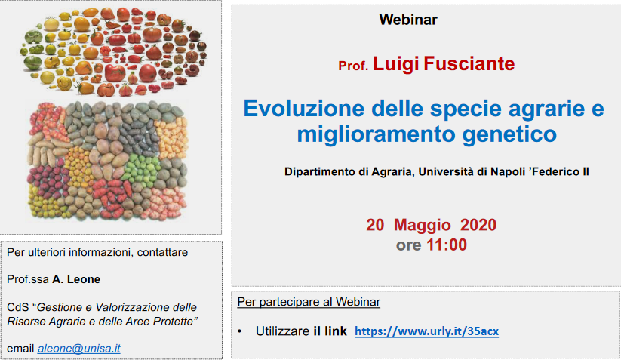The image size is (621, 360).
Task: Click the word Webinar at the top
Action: tap(408, 20)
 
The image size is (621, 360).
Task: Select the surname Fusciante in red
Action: tap(469, 63)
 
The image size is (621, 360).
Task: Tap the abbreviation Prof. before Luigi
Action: tap(353, 66)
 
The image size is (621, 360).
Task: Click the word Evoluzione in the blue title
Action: tap(304, 108)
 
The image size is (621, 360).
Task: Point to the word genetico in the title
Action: tap(510, 134)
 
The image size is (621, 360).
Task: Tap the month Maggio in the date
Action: tap(423, 225)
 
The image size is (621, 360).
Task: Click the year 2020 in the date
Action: tap(478, 225)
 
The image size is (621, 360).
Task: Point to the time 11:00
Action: tap(447, 245)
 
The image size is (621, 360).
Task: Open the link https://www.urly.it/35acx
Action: tap(426, 331)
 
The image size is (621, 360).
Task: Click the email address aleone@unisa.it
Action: tap(78, 349)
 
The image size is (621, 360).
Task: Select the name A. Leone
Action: tap(76, 279)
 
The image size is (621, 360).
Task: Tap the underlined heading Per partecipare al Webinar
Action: tap(309, 302)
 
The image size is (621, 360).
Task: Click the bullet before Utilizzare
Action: tap(240, 331)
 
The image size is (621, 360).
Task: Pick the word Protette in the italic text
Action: tap(175, 322)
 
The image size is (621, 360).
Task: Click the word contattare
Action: tap(162, 252)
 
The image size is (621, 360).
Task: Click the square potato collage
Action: tap(107, 161)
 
